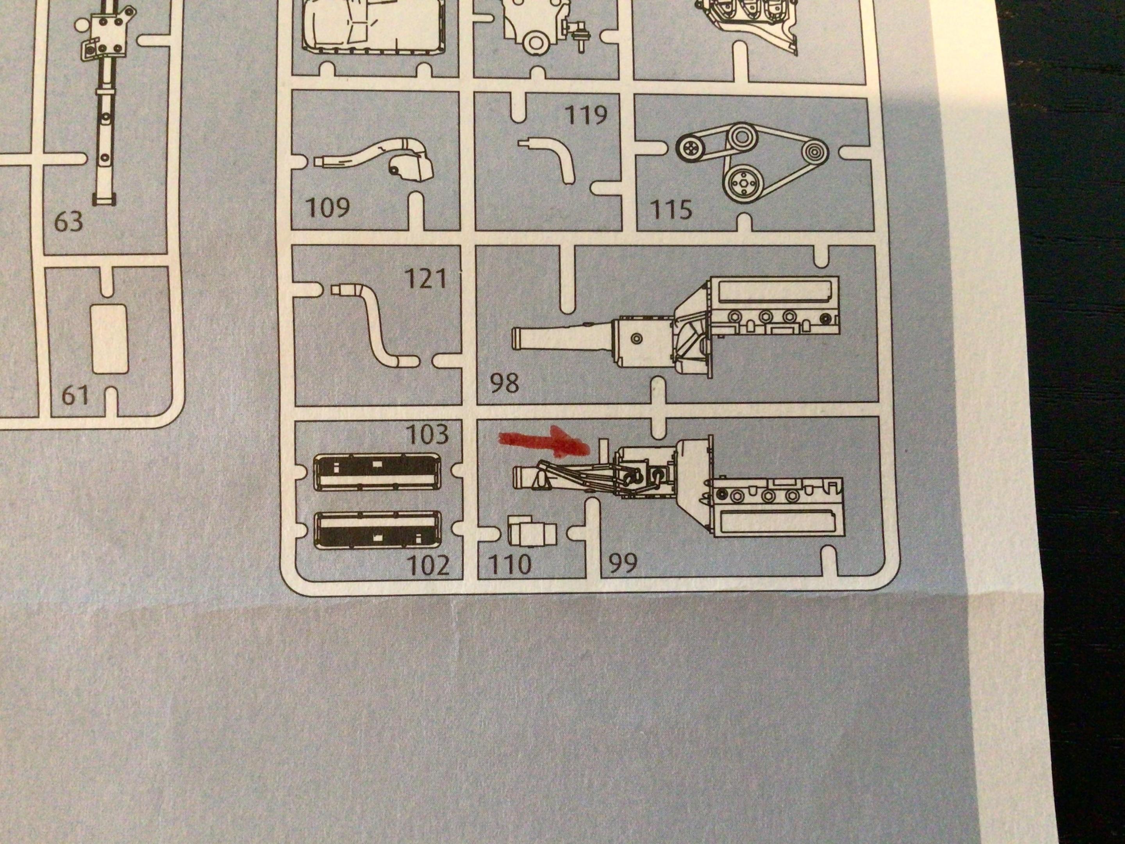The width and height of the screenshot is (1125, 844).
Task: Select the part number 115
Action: [x=671, y=209]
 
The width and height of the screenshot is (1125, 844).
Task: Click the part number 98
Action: [x=505, y=383]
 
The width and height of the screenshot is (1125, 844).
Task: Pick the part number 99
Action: [x=623, y=563]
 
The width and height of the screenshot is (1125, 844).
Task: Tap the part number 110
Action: [x=510, y=564]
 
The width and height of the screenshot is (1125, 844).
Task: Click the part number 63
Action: [x=68, y=222]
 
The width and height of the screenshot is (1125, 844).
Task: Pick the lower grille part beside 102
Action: [x=377, y=529]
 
